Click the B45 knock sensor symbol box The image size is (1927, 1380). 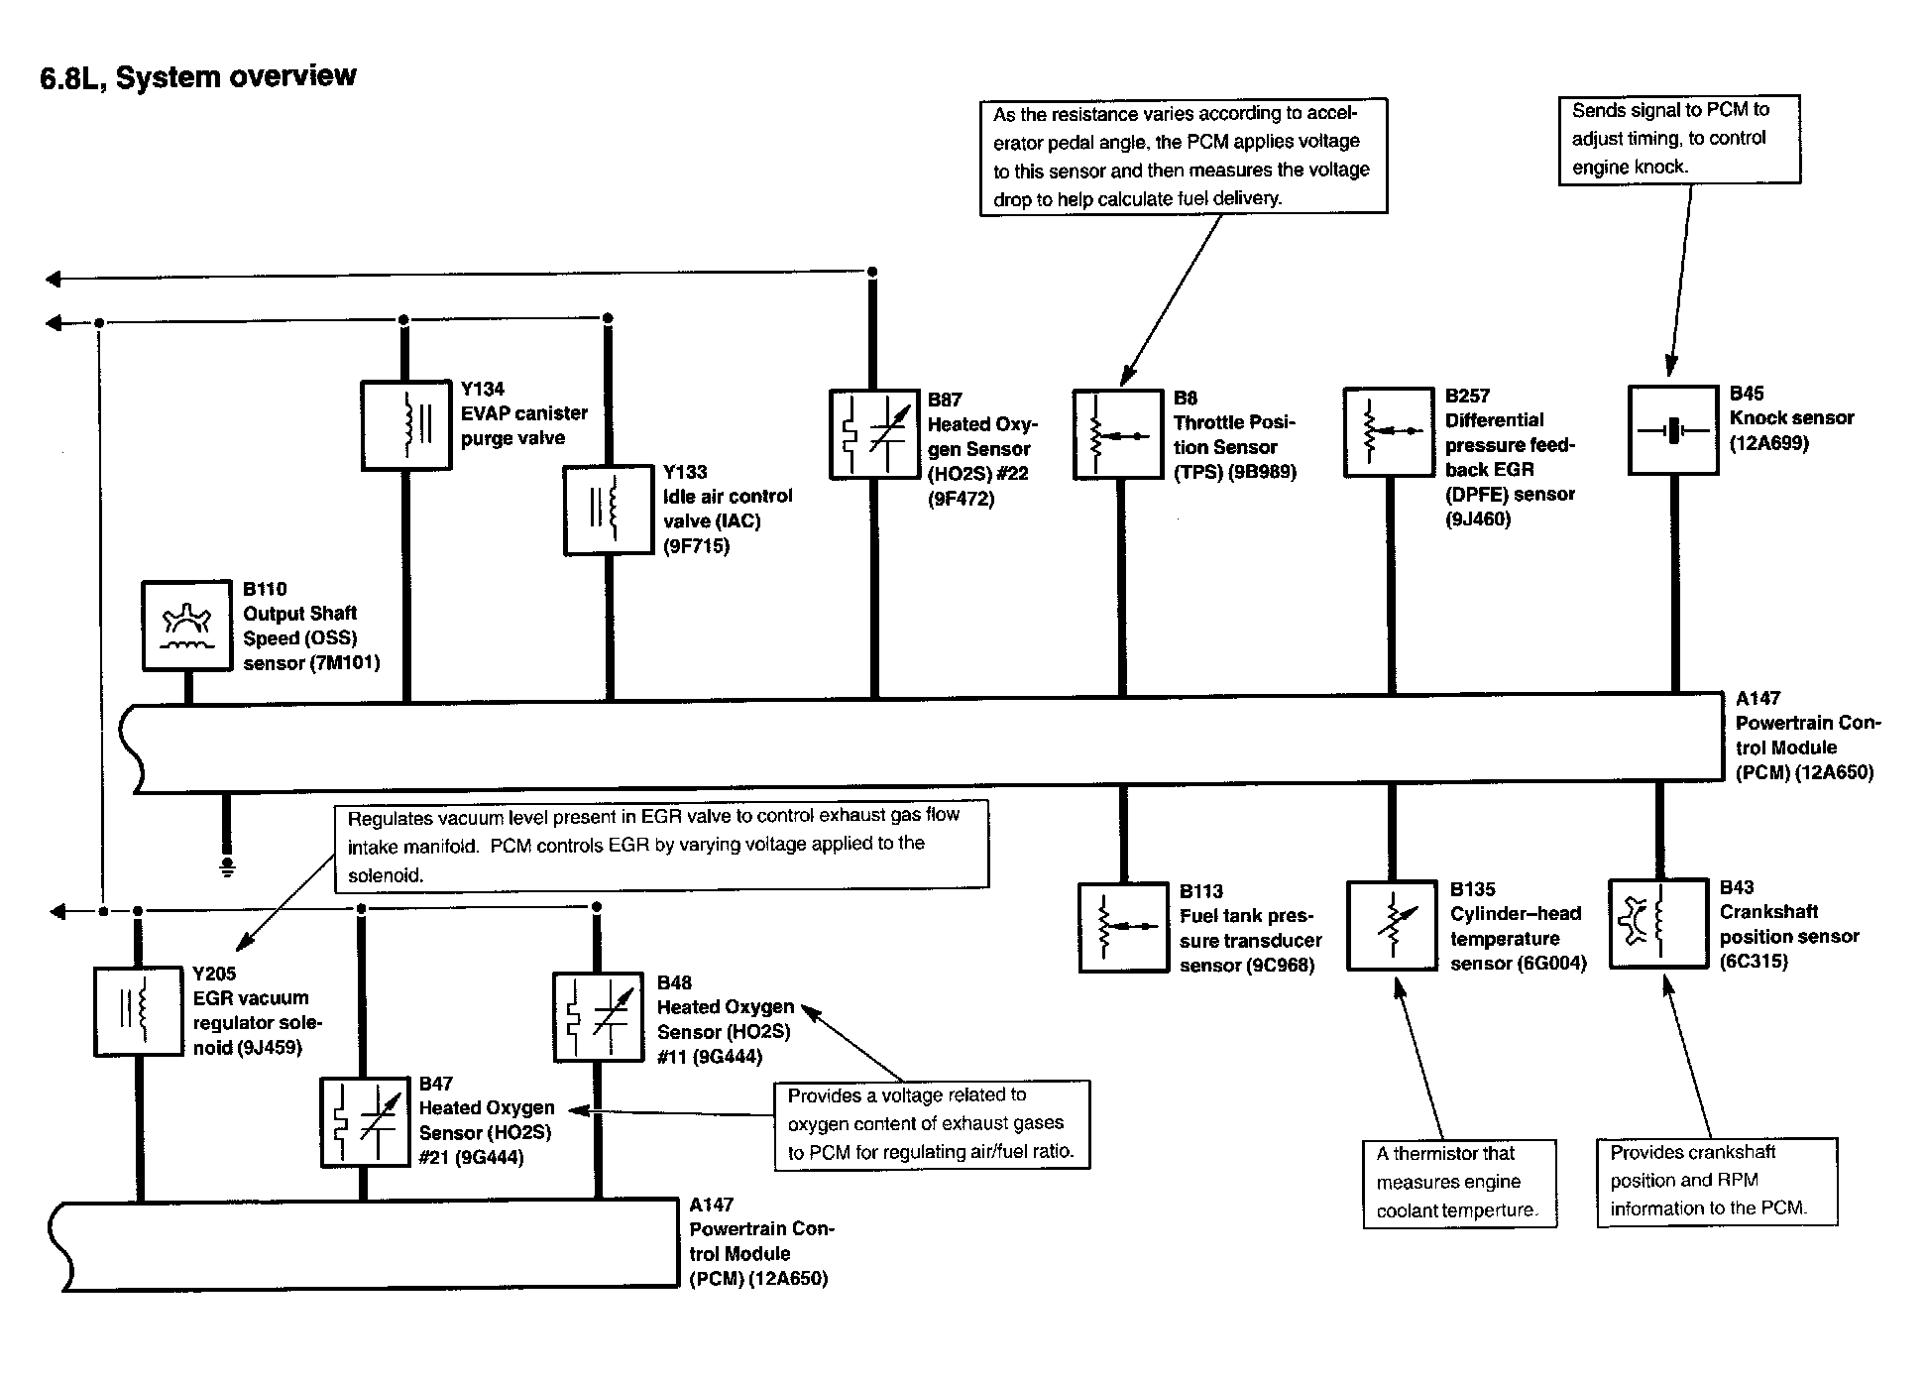[x=1673, y=429]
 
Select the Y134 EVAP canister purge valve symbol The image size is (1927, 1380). [x=406, y=425]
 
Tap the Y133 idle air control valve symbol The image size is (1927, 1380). [x=608, y=510]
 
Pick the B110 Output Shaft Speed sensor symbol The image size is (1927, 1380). [x=186, y=626]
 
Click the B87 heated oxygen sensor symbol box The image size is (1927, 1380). [x=873, y=433]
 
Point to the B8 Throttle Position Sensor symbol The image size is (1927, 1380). [x=1117, y=434]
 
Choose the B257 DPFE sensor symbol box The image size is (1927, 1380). [x=1389, y=431]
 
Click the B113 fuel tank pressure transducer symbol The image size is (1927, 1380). [x=1122, y=927]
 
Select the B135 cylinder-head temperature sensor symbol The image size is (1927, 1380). [x=1392, y=925]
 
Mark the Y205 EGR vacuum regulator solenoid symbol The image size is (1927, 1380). [x=138, y=1011]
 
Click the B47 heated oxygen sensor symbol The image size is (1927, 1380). [x=364, y=1121]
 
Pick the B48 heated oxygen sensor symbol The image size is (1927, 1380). [x=598, y=1016]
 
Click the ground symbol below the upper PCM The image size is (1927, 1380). [x=227, y=867]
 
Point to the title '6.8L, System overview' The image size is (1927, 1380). [x=198, y=77]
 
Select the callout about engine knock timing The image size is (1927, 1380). [x=1679, y=139]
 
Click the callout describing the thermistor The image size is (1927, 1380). [x=1459, y=1183]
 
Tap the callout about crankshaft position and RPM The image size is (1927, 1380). [x=1716, y=1181]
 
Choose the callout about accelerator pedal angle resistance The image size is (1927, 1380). [x=1183, y=156]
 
